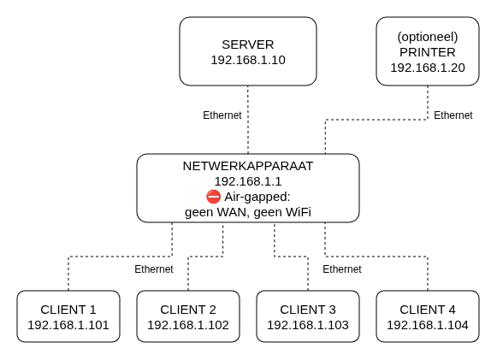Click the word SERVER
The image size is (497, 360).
(248, 44)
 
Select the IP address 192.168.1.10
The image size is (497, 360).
(248, 60)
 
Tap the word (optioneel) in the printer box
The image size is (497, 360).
(428, 37)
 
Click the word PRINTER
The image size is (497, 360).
(428, 52)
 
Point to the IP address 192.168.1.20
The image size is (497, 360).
(428, 68)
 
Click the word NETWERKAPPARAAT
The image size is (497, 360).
(248, 166)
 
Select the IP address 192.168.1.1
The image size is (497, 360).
(248, 181)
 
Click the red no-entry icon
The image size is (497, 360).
(213, 197)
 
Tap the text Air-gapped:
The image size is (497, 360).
(257, 197)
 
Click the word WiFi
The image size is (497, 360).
(299, 212)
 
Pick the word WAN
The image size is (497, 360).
(232, 212)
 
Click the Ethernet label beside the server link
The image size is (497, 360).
(222, 115)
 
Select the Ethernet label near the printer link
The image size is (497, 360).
(453, 115)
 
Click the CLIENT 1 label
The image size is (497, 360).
(68, 310)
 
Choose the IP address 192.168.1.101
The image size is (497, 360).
(68, 325)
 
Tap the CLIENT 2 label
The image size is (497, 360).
(188, 310)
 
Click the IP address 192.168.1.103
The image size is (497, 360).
(308, 325)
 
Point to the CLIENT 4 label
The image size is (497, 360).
(428, 310)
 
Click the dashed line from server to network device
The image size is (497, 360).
(248, 120)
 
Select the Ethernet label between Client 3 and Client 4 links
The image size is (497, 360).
(342, 269)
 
